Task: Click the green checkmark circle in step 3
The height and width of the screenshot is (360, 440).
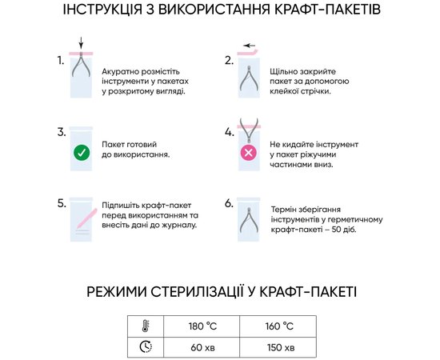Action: click(81, 152)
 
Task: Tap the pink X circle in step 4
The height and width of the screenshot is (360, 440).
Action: click(249, 152)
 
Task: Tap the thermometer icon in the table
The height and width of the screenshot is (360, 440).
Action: click(146, 326)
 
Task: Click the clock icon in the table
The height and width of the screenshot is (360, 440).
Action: click(146, 347)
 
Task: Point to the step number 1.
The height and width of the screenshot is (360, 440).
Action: click(61, 60)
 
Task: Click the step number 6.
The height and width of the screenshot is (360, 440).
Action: click(230, 203)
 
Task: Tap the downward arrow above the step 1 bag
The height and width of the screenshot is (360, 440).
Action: click(81, 42)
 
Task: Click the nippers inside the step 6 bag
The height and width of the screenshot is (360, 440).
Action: click(248, 221)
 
